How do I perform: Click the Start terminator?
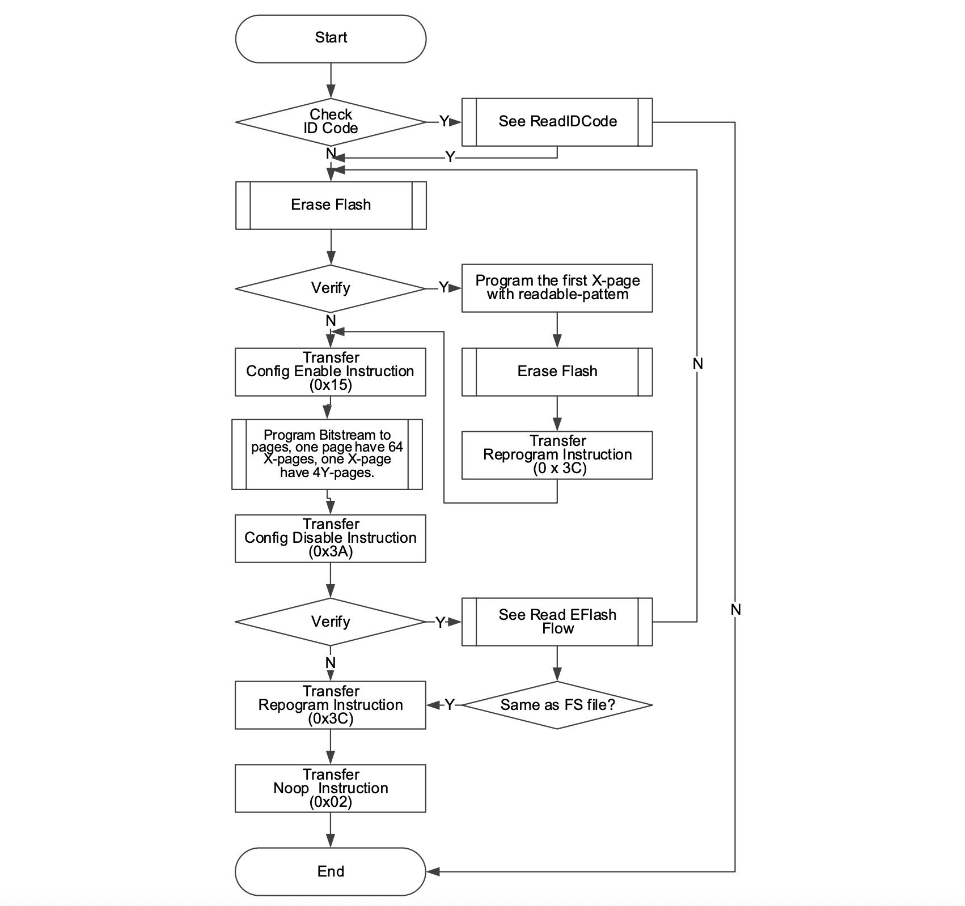click(331, 39)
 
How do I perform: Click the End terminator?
click(331, 871)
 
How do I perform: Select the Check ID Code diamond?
click(331, 122)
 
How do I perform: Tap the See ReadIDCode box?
click(557, 122)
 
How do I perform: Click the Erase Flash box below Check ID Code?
click(331, 205)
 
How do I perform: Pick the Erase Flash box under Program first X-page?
click(557, 372)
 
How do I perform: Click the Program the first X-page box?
click(557, 288)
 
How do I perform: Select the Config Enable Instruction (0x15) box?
click(331, 372)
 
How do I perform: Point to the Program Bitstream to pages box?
click(327, 454)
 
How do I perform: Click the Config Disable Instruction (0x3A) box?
click(331, 538)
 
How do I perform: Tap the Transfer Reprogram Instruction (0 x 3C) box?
click(557, 455)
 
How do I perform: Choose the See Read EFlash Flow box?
click(557, 622)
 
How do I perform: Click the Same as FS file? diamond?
click(557, 705)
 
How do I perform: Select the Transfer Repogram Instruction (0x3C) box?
click(331, 705)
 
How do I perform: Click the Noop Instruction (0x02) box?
click(331, 788)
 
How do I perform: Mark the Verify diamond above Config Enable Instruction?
click(331, 288)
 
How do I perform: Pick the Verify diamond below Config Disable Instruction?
click(331, 622)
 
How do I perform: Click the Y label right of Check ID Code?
click(444, 121)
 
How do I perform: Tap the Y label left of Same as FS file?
click(449, 705)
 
